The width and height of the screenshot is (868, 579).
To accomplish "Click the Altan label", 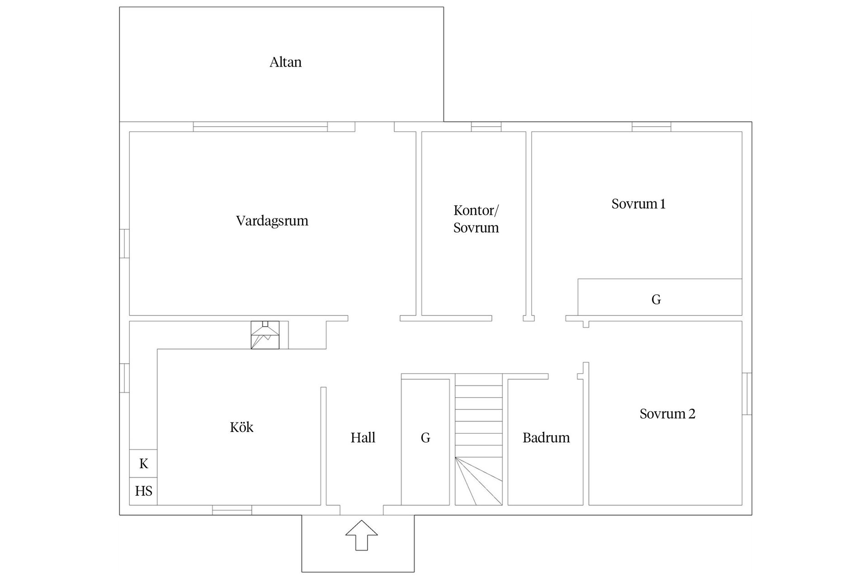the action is coord(285,62).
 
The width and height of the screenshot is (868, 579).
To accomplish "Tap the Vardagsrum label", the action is coord(272,221).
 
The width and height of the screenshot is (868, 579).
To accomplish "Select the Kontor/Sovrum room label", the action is coord(476,219).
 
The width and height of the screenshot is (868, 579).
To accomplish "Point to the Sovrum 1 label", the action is coord(638,204).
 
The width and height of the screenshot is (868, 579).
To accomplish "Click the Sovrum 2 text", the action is coord(667,414).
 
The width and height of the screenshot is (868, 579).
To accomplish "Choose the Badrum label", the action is coord(546,438).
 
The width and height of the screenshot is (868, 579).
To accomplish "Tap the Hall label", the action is coord(363,438).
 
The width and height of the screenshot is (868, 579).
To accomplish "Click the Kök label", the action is coord(241,427).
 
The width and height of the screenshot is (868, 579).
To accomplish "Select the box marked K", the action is coord(143,464).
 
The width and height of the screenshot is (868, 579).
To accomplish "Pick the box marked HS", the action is coord(143,491).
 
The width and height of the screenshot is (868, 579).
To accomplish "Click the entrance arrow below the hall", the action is coord(362,535).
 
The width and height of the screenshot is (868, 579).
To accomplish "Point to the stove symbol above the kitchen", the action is coord(265,335).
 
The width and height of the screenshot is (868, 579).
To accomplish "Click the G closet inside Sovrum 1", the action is coord(660,297).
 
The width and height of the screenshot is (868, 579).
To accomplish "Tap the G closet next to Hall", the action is coord(425,441).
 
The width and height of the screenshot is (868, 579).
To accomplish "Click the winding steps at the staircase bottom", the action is coord(479,481).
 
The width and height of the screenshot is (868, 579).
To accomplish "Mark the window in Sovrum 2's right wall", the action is coord(747,394).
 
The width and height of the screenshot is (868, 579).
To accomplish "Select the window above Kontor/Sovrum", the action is coord(486,127).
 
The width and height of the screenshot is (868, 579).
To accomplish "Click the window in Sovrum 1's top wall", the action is coord(651,127).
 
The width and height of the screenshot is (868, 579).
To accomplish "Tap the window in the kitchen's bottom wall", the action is coord(232,510).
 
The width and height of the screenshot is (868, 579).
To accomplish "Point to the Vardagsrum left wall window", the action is coord(124,244).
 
